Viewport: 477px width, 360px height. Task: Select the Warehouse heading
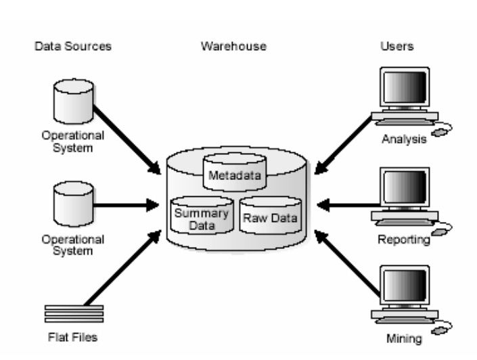click(x=233, y=47)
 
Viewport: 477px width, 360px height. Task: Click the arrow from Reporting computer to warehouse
click(x=348, y=204)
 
